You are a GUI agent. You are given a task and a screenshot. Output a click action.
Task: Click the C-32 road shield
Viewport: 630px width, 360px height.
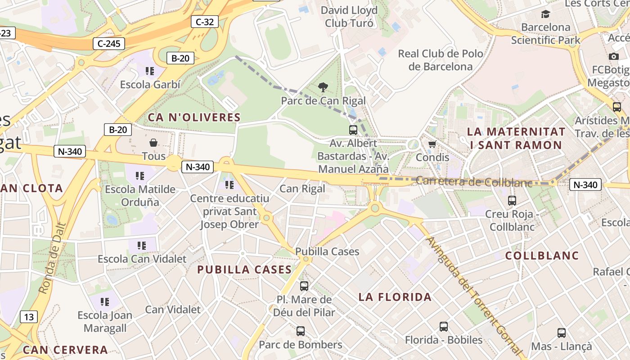pos(205,22)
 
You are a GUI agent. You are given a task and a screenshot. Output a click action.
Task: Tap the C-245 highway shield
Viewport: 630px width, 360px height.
pos(108,44)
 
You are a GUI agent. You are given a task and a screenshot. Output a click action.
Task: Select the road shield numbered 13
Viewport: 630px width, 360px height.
pos(29,317)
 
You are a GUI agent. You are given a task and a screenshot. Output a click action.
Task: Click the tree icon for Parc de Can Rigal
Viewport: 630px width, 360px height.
pos(323,87)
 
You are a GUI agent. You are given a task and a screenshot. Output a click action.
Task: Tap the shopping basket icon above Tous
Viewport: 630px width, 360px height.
pos(153,143)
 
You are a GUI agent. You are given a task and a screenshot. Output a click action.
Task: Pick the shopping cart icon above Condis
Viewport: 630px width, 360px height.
pos(432,144)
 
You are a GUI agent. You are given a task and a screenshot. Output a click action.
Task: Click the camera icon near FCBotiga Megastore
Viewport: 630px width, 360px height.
pos(613,56)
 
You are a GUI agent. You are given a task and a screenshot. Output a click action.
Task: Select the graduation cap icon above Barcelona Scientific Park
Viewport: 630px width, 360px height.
pos(545,14)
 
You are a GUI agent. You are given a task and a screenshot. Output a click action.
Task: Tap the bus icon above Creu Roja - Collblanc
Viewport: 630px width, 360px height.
pos(512,201)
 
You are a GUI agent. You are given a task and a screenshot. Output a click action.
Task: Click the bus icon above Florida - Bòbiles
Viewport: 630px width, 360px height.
pos(444,327)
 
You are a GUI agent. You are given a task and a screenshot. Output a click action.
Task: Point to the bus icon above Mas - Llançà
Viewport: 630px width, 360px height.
pos(561,333)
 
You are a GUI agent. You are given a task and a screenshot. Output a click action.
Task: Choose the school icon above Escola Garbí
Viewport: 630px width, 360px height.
pos(150,71)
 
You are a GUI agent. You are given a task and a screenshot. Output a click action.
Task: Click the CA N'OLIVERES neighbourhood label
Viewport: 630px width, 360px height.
pos(194,117)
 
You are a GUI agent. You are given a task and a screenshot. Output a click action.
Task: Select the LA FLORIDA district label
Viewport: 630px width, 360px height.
pos(395,297)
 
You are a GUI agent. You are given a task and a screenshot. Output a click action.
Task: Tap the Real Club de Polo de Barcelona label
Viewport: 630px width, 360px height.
pos(441,60)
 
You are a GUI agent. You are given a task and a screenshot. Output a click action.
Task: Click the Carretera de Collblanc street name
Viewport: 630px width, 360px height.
pos(474,182)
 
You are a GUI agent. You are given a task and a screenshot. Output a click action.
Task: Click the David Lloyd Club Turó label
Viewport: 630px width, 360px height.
pos(349,17)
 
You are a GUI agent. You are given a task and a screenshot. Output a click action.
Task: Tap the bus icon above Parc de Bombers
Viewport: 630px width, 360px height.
pos(301,331)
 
